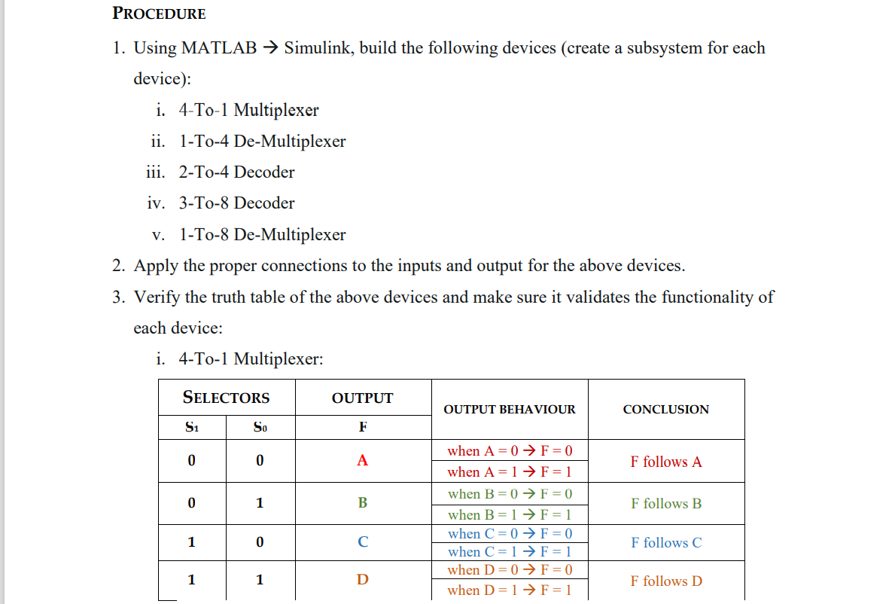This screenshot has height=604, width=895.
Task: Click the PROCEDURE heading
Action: (x=159, y=14)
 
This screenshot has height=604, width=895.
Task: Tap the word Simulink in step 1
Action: (x=316, y=48)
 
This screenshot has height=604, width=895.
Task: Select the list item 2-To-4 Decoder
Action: (x=236, y=172)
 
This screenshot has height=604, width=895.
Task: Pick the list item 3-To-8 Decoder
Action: (x=236, y=203)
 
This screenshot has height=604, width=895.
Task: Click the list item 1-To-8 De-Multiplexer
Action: (x=262, y=235)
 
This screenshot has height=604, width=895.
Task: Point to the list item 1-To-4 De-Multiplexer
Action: (x=262, y=142)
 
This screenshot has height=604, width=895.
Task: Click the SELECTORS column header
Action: (x=226, y=398)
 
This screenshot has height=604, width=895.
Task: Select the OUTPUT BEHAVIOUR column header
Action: (x=509, y=410)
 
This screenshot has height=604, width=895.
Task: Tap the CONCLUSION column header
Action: (x=665, y=410)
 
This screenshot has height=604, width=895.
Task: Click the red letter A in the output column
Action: (x=362, y=461)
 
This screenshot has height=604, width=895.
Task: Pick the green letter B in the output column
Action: (x=362, y=502)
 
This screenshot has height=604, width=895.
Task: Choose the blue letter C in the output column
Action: (x=362, y=542)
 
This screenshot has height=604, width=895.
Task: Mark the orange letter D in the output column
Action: (x=362, y=580)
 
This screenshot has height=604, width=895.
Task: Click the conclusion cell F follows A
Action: (x=665, y=462)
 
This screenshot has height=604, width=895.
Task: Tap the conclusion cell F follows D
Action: (x=665, y=581)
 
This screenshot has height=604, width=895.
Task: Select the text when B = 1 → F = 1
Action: (x=510, y=515)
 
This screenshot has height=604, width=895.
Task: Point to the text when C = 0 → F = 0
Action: (x=510, y=534)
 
